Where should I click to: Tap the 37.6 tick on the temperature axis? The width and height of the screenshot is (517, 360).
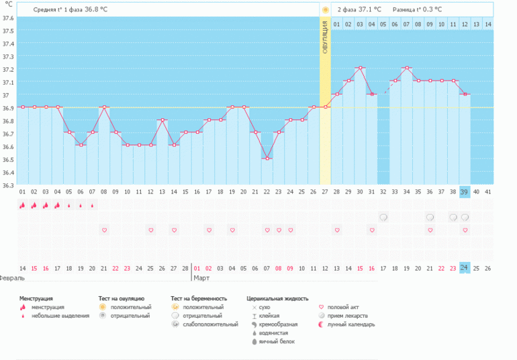coord(8,18)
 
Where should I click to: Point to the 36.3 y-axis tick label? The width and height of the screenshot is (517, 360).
coord(8,185)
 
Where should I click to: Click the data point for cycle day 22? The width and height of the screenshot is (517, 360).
coord(267,159)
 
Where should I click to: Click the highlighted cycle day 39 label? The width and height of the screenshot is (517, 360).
coord(464,192)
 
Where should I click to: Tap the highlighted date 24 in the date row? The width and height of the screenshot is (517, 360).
coord(464,268)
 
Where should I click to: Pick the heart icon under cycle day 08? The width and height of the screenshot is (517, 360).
coord(104,230)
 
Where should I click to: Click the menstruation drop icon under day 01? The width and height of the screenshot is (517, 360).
coord(22,206)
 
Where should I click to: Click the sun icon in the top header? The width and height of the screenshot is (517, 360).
coord(325,10)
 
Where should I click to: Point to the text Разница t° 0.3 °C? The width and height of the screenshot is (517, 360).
coord(418,9)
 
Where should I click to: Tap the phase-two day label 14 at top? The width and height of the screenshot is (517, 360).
coord(487,25)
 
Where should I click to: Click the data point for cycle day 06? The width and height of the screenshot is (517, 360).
coord(81,145)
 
